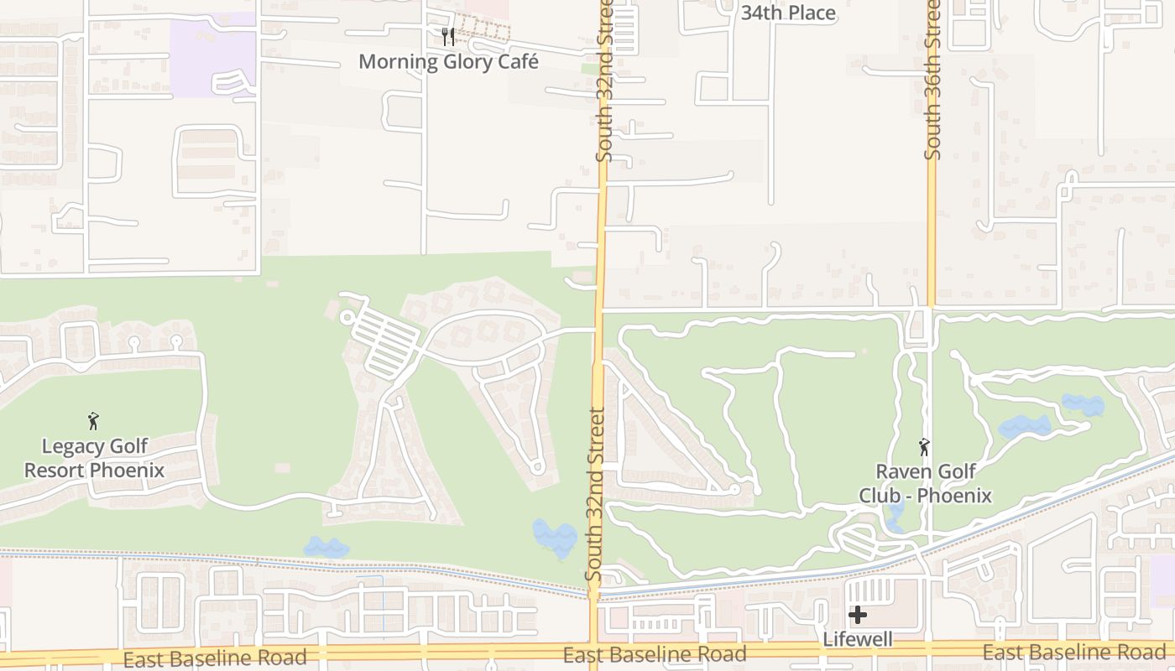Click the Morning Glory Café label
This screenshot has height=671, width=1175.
[448, 61]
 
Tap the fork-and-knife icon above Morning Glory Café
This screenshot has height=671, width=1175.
[448, 36]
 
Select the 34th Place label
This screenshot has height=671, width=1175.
[788, 13]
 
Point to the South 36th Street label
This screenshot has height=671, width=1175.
[932, 80]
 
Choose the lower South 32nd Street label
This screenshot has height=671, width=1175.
[595, 495]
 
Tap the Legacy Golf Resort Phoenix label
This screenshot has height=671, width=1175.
[94, 458]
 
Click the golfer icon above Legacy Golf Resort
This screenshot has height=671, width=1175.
[93, 420]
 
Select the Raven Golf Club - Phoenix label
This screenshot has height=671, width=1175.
[925, 483]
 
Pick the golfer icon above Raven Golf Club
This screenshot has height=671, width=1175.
[924, 447]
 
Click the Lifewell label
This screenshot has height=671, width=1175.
[857, 639]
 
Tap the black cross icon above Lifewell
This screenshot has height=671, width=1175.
[857, 615]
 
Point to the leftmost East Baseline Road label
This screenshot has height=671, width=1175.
[215, 658]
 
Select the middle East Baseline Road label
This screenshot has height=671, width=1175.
[655, 654]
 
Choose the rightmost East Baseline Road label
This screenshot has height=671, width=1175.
[1074, 652]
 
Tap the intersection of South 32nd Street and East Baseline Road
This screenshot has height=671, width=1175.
[593, 653]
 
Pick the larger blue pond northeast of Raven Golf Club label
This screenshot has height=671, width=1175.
[1024, 427]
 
